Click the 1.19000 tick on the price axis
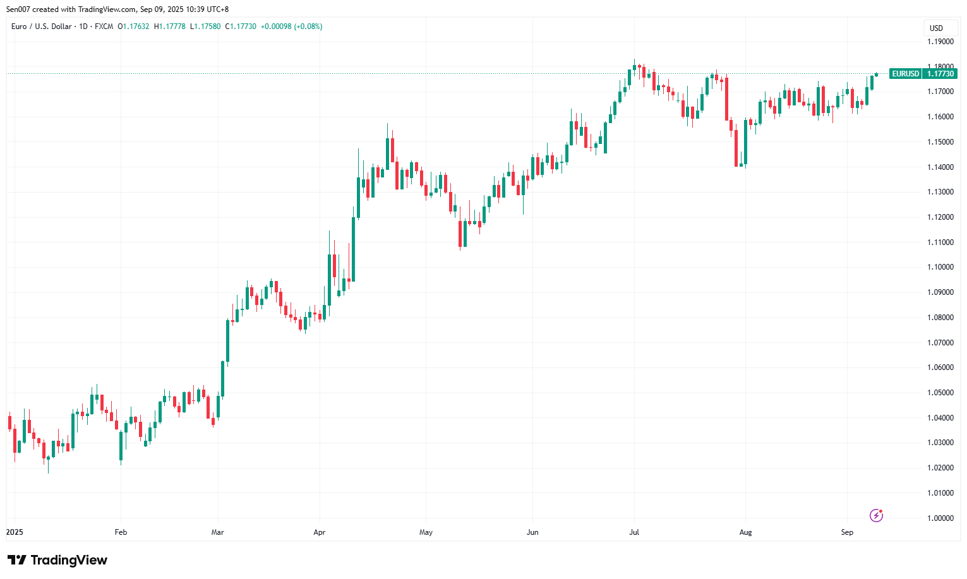click(940, 42)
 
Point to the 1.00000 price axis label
click(940, 518)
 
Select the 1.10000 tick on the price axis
click(940, 267)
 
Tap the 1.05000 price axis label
click(940, 393)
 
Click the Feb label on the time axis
click(121, 532)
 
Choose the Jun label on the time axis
click(532, 532)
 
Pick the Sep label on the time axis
click(847, 532)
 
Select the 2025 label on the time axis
click(15, 532)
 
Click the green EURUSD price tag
click(905, 74)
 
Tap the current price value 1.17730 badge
click(940, 74)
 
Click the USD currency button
click(936, 28)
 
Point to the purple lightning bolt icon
click(876, 516)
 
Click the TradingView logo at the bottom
click(57, 560)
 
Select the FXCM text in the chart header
click(104, 27)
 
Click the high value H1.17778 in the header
click(170, 27)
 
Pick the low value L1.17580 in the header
click(205, 27)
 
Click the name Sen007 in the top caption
click(18, 9)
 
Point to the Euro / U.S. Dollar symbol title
click(41, 27)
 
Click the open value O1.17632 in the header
click(133, 27)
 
